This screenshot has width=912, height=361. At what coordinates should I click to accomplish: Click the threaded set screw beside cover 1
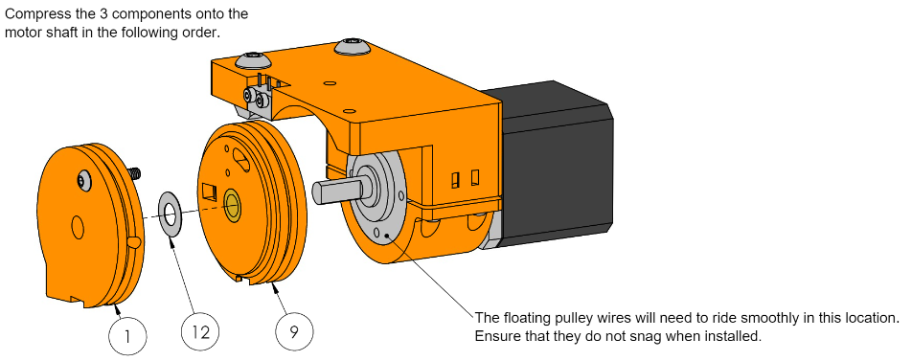click(x=135, y=173)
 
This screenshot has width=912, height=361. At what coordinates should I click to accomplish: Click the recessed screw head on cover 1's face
click(x=83, y=177)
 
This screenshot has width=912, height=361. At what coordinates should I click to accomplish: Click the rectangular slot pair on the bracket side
click(x=466, y=177)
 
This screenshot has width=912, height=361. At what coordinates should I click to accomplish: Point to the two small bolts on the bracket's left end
click(x=254, y=96)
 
